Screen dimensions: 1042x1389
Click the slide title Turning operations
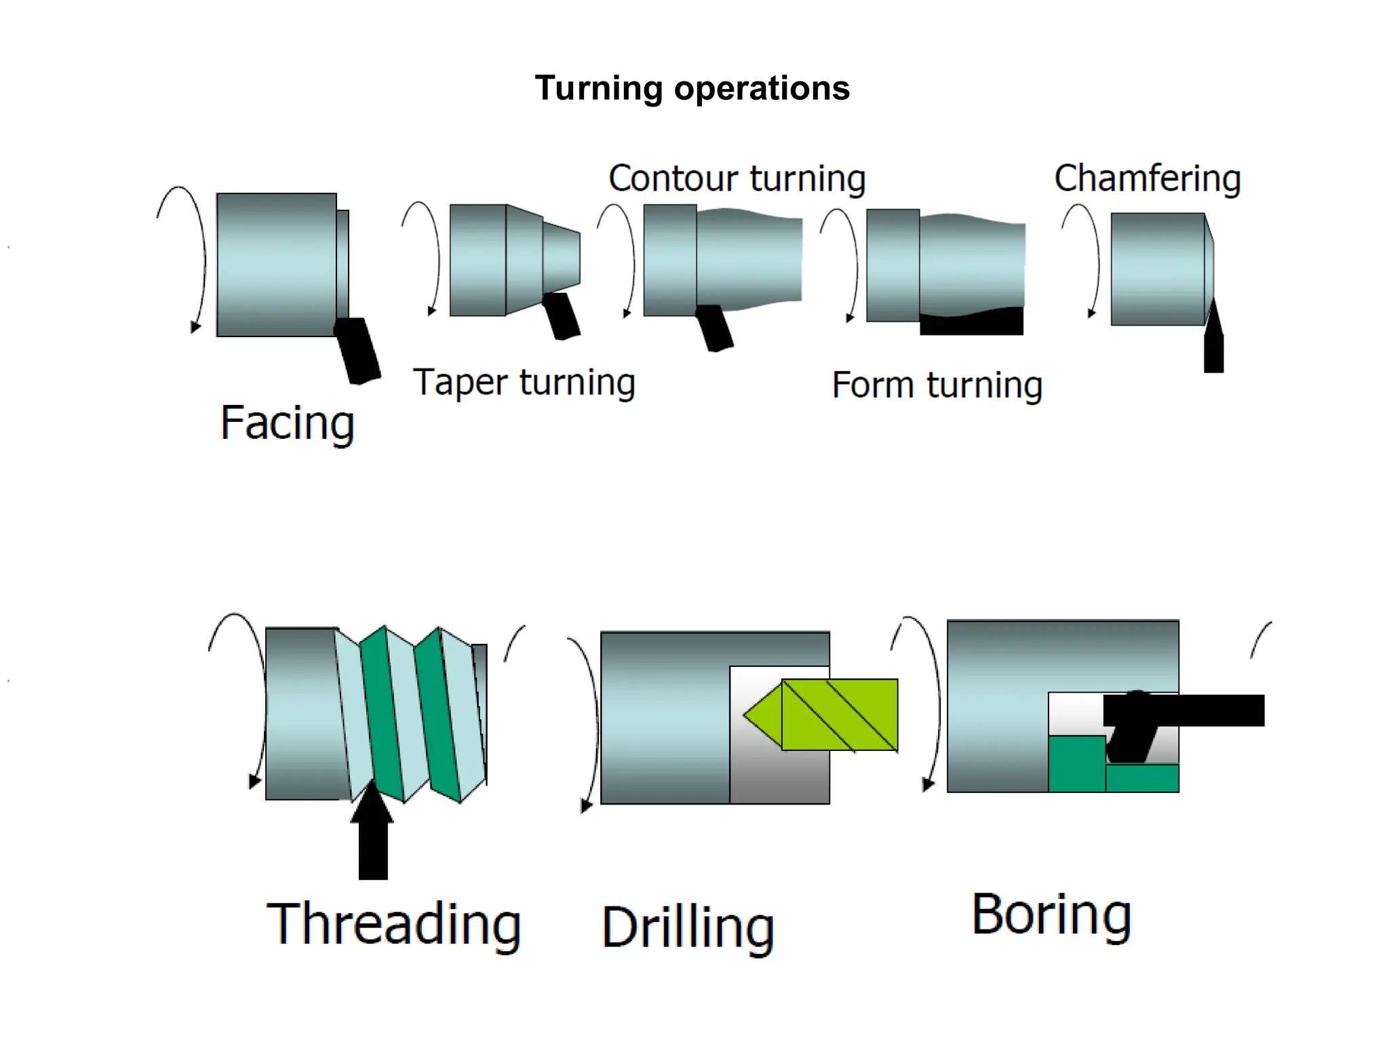coord(692,88)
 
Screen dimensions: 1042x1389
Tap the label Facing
coord(287,423)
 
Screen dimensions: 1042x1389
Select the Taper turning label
coord(524,383)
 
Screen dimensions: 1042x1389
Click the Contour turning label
coord(737,178)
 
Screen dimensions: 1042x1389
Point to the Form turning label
coord(937,385)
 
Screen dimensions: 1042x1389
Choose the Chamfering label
coord(1147,178)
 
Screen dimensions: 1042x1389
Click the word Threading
coord(393,924)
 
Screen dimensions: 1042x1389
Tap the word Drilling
coord(688,927)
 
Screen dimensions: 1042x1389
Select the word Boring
coord(1051,915)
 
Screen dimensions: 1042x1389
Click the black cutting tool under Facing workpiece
coord(358,350)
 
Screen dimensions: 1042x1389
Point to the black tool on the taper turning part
coord(562,315)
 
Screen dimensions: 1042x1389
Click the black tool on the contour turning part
coord(714,328)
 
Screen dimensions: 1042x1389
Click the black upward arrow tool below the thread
coord(373,838)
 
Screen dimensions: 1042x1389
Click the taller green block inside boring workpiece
coord(1076,764)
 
